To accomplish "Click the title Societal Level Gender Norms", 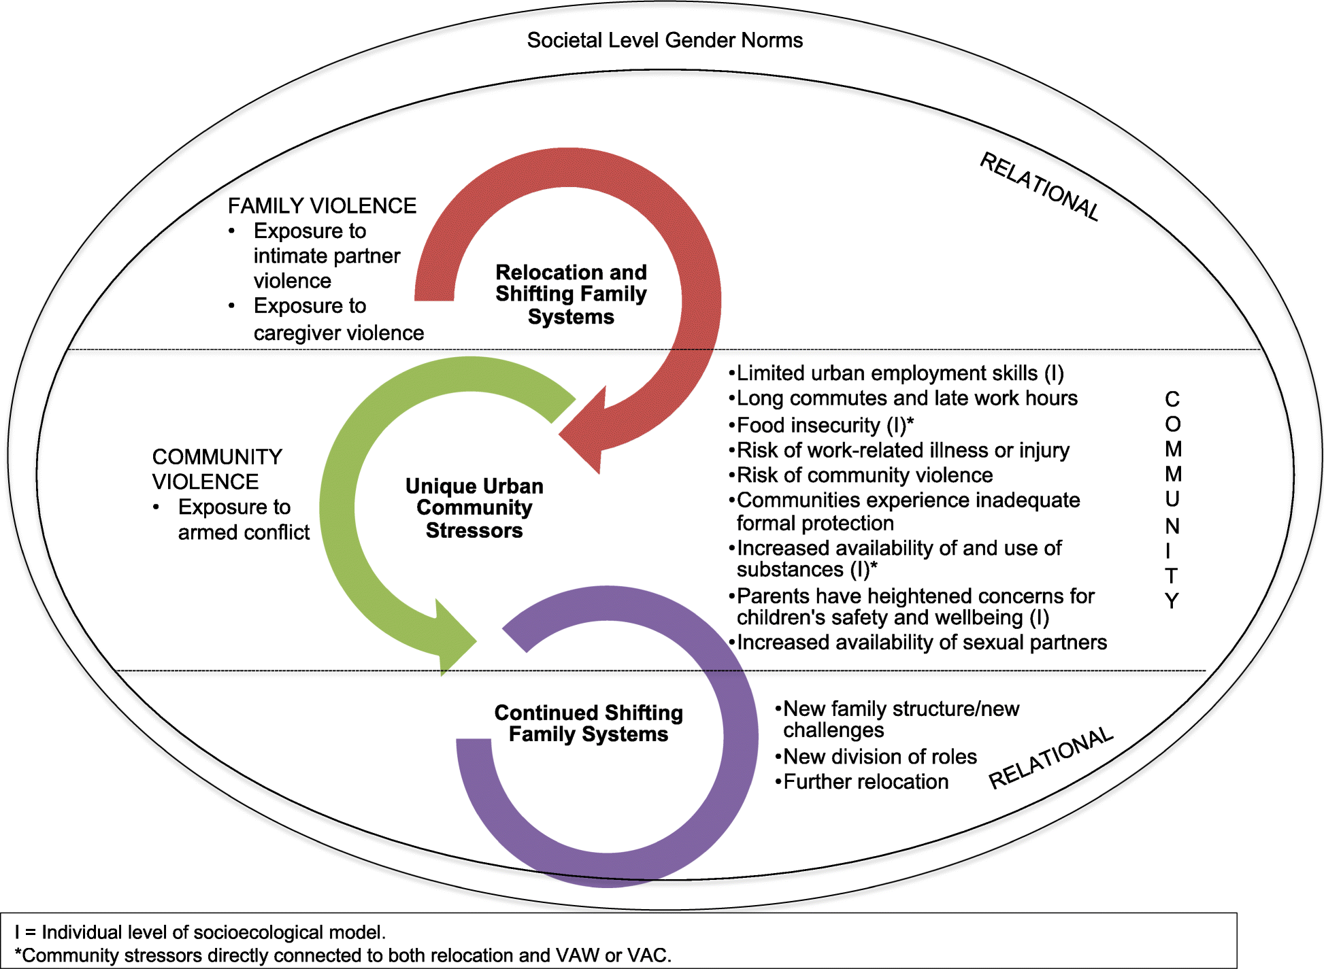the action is [665, 40].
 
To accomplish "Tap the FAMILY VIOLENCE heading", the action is [322, 205].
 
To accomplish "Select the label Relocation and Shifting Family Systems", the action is [571, 294].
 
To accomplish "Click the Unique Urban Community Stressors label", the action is [474, 508].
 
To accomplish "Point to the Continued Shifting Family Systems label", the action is [589, 724].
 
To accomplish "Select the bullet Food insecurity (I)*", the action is [821, 425].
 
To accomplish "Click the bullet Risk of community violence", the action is [861, 475].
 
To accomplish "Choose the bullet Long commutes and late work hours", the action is [903, 398].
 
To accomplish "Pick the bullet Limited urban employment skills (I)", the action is [896, 373].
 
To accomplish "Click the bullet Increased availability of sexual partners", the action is [918, 642].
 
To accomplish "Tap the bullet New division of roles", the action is [876, 756].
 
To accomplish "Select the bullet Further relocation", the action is [861, 781].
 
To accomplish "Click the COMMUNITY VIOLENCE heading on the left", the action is [217, 469].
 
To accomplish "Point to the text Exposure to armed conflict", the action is [244, 520].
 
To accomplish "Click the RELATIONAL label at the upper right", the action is [1039, 186].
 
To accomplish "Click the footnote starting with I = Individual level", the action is [200, 932].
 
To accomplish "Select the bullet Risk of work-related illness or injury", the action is [899, 450].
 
